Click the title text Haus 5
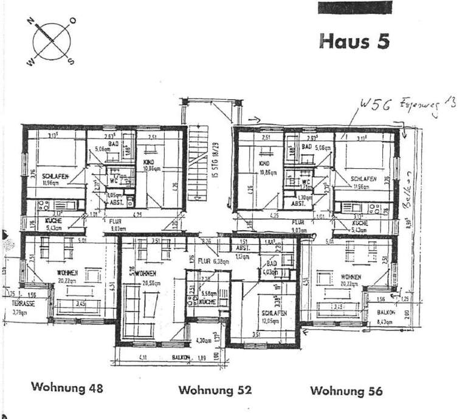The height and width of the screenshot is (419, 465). (x=354, y=41)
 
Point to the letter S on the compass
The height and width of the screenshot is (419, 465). (x=72, y=61)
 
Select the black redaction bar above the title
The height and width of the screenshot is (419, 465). (x=355, y=7)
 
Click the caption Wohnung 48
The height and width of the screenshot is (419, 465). (x=67, y=387)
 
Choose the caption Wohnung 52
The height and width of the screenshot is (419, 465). (x=215, y=390)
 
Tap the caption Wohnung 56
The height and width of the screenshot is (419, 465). (x=346, y=390)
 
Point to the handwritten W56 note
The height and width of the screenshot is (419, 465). (x=372, y=105)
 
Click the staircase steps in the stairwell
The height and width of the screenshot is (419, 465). (x=197, y=163)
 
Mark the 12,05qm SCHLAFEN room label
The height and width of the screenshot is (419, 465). (x=268, y=316)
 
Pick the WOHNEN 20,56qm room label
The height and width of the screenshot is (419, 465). (x=146, y=277)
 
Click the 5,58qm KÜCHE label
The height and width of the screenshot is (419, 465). (x=208, y=297)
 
